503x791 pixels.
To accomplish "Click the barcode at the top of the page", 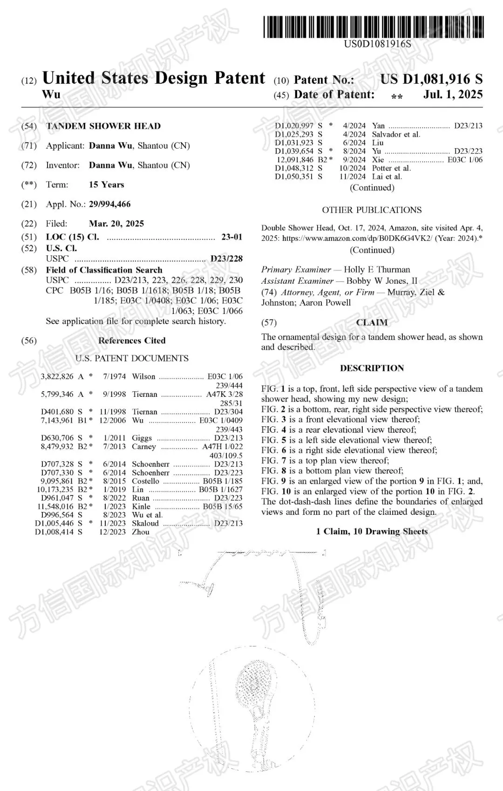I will pos(374,27).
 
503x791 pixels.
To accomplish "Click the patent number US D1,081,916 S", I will pos(431,79).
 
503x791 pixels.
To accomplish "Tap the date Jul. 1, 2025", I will pos(453,95).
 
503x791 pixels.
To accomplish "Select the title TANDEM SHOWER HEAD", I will pos(103,126).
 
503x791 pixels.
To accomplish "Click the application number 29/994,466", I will pos(110,204).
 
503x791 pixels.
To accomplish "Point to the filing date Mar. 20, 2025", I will pos(116,224).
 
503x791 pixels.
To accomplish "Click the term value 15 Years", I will pos(107,184).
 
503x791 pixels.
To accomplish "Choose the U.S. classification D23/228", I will pos(226,259).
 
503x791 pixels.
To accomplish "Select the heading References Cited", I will pos(132,341).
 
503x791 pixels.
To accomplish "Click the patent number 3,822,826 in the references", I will pos(57,376).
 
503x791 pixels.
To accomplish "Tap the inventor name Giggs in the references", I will pos(142,438).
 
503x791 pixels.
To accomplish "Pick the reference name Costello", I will pos(145,481).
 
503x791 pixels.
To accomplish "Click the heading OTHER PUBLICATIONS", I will pos(372,210).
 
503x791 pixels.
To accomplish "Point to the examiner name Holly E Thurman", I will pos(377,270).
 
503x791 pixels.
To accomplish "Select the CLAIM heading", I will pos(372,322).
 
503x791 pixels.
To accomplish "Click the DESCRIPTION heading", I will pos(372,368).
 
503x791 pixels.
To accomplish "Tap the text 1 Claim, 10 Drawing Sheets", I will pos(372,532).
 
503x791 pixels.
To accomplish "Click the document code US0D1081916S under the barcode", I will pos(377,44).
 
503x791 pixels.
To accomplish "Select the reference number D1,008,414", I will pos(54,532).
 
